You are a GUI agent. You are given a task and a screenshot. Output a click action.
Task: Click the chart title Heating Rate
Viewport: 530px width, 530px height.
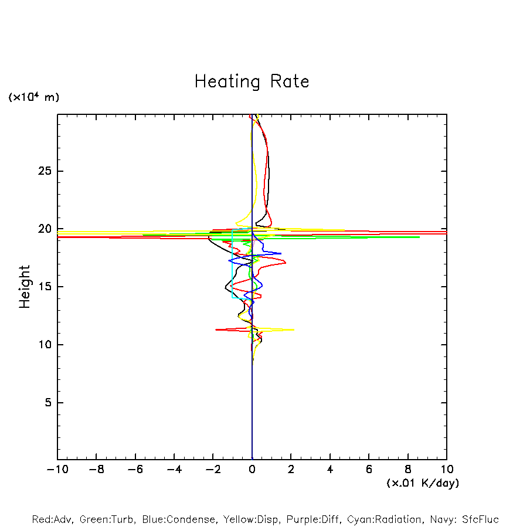coord(252,81)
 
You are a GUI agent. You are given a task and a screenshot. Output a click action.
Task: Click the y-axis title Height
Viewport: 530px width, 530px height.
coord(25,287)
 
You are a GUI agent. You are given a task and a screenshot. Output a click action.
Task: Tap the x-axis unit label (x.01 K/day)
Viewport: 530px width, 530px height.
coord(423,483)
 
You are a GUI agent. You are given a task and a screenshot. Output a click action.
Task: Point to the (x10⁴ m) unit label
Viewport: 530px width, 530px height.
coord(33,97)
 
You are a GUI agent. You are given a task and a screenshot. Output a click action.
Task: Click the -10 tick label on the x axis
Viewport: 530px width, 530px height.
coord(57,470)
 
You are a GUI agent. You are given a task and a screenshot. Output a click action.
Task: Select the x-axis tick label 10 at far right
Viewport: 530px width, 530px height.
coord(447,470)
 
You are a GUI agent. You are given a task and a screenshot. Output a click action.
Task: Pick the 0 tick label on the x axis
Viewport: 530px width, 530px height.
coord(252,470)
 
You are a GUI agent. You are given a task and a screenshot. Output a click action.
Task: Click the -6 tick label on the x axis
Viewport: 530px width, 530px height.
coord(135,470)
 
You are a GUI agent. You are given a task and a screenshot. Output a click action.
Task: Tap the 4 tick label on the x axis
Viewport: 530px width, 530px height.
coord(330,470)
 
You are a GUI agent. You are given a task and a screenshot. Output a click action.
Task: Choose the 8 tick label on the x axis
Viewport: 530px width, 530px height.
coord(408,470)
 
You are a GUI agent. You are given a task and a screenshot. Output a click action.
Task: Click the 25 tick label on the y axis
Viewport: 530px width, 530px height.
coord(45,171)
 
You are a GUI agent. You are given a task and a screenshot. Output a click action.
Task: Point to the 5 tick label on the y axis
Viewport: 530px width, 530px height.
coord(48,403)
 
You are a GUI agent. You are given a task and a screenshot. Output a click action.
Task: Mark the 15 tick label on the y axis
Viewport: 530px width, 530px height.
coord(45,287)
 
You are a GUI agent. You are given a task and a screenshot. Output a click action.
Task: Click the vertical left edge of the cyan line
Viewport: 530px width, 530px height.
coord(233,264)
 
